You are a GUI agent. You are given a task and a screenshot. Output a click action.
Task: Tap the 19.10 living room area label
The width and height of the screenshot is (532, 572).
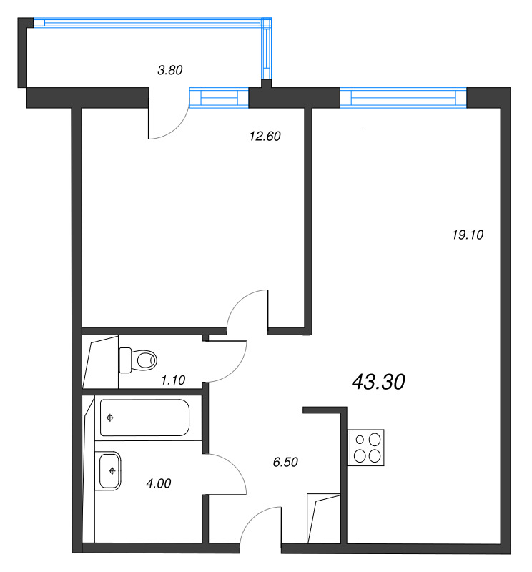pyautogui.click(x=470, y=234)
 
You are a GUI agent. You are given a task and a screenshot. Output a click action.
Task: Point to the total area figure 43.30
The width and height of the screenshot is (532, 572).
pyautogui.click(x=379, y=383)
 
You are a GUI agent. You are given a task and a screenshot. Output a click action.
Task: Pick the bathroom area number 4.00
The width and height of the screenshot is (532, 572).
pyautogui.click(x=158, y=483)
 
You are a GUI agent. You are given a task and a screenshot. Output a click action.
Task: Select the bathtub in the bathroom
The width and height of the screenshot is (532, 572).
pyautogui.click(x=144, y=418)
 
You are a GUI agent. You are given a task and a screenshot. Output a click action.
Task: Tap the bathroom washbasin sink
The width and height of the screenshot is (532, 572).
pyautogui.click(x=112, y=470)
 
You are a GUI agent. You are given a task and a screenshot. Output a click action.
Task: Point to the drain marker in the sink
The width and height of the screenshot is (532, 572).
pyautogui.click(x=112, y=470)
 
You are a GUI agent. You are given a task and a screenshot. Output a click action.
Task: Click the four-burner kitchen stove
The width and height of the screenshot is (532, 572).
pyautogui.click(x=366, y=448)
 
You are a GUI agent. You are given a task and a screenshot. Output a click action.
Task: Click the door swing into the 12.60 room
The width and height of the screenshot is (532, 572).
pyautogui.click(x=247, y=309)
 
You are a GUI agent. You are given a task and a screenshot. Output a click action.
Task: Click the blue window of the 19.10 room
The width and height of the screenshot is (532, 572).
pyautogui.click(x=403, y=97)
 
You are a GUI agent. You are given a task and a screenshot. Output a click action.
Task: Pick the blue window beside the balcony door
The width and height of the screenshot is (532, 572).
pyautogui.click(x=219, y=97)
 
